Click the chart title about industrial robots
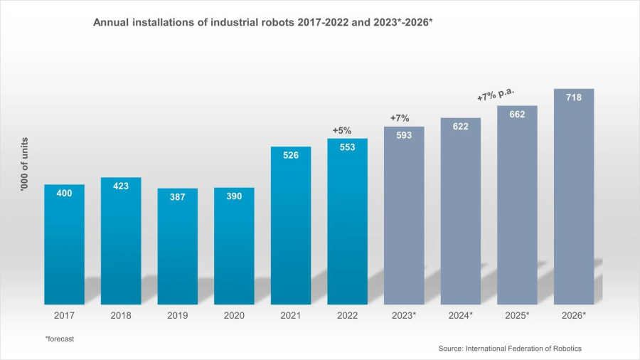pyautogui.click(x=263, y=23)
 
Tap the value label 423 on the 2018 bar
pyautogui.click(x=121, y=186)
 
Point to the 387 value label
pyautogui.click(x=177, y=197)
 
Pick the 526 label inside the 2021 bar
pyautogui.click(x=291, y=156)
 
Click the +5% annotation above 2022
pyautogui.click(x=342, y=130)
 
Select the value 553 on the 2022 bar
pyautogui.click(x=347, y=147)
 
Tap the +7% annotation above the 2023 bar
pyautogui.click(x=400, y=118)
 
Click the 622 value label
pyautogui.click(x=461, y=126)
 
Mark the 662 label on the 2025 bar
pyautogui.click(x=517, y=114)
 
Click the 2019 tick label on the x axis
pyautogui.click(x=177, y=315)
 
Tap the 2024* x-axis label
pyautogui.click(x=461, y=315)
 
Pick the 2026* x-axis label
pyautogui.click(x=574, y=315)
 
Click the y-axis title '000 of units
pyautogui.click(x=24, y=165)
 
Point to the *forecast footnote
pyautogui.click(x=59, y=339)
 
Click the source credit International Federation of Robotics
pyautogui.click(x=510, y=348)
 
